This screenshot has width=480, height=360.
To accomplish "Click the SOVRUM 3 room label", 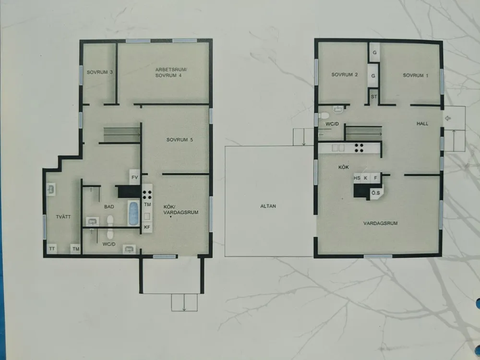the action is (x=99, y=72).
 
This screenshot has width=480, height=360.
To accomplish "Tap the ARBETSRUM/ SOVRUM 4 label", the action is (x=171, y=72).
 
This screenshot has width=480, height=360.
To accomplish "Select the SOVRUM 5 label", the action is (x=180, y=140).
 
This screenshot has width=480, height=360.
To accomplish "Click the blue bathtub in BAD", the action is (x=134, y=213).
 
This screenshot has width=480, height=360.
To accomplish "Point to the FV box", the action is (x=135, y=177).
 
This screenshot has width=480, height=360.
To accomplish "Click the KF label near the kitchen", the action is (x=147, y=227).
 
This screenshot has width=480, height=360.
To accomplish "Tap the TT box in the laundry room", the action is (x=52, y=249).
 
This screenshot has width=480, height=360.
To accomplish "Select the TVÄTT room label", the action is (x=63, y=217).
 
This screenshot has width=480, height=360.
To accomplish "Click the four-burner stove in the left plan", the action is (x=147, y=195).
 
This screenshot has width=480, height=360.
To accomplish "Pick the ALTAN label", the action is (x=268, y=206).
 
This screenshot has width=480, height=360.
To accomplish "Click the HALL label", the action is (x=422, y=124).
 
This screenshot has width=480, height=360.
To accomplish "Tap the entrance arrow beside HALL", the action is (x=448, y=118).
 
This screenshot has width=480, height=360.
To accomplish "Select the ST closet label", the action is (x=374, y=97).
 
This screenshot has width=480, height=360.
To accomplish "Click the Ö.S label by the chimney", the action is (x=376, y=193).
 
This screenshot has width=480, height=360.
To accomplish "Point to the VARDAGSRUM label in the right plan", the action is (x=380, y=223).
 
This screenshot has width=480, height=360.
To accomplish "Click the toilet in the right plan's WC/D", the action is (x=323, y=116).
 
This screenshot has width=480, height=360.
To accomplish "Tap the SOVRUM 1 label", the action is (x=415, y=75).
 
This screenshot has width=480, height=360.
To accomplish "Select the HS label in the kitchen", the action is (x=357, y=178).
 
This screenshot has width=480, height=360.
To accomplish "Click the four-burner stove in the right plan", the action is (x=360, y=148).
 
